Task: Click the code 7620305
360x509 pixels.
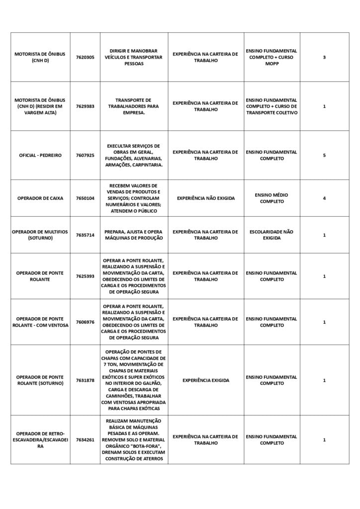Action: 85,58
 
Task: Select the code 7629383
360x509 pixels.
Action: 85,106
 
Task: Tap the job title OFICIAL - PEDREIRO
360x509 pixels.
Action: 40,155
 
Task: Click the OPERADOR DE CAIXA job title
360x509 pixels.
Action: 40,198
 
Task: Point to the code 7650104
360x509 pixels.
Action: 85,198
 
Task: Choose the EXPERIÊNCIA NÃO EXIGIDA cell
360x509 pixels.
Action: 206,198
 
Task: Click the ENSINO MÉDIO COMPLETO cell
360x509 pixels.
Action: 271,198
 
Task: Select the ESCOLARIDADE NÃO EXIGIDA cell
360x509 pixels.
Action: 271,235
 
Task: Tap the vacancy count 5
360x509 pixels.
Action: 324,155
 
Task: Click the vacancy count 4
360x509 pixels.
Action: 324,198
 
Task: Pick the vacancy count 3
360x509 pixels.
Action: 324,58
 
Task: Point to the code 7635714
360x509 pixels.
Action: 85,235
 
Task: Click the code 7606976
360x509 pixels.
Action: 85,322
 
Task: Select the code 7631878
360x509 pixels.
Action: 85,381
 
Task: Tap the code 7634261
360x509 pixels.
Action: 85,440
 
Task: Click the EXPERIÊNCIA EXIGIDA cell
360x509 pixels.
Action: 206,381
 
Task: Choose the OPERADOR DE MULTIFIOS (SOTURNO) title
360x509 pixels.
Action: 40,235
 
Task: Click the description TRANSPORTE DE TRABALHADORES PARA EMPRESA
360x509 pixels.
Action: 134,106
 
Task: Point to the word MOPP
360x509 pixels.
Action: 271,64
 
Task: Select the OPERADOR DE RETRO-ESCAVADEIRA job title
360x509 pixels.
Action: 40,440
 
